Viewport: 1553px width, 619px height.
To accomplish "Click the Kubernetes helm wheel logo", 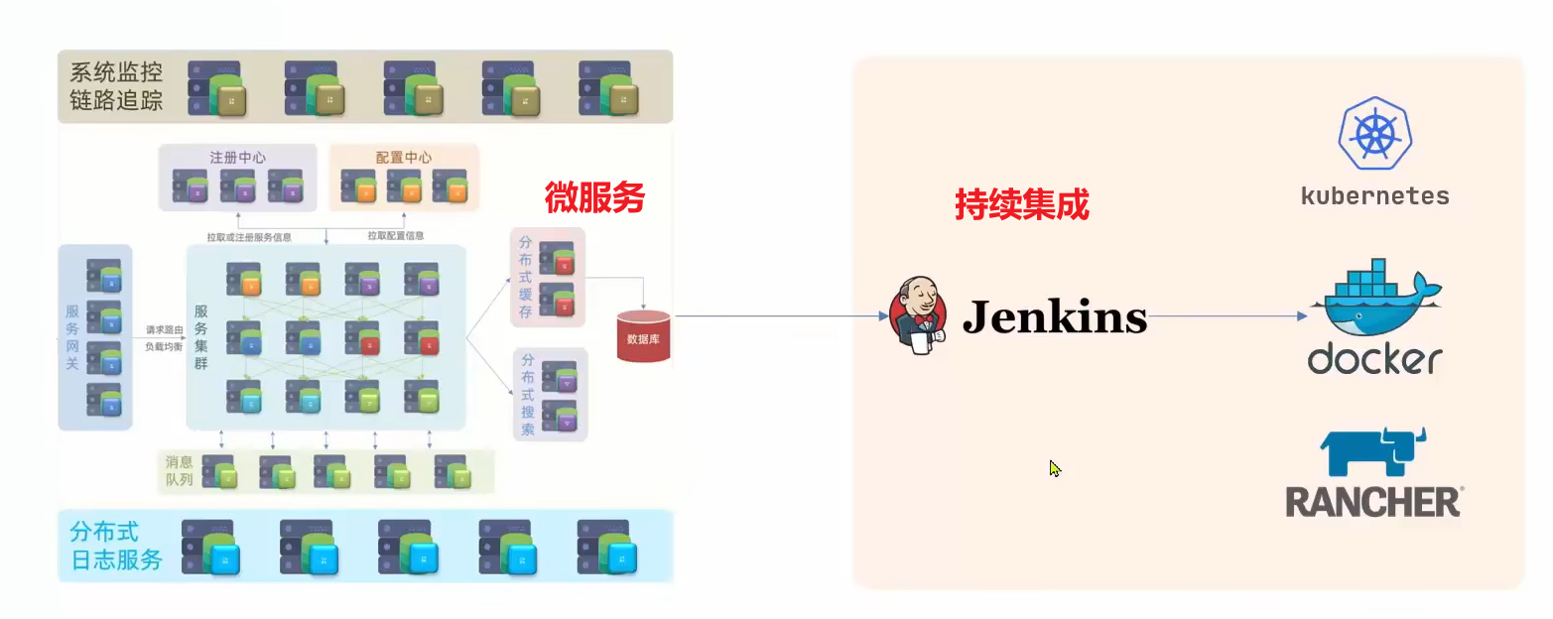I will click(x=1374, y=133).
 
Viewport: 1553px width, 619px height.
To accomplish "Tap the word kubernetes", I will click(x=1374, y=195).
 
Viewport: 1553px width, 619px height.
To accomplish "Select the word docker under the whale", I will click(x=1374, y=358).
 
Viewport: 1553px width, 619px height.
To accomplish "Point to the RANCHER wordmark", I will click(x=1374, y=502).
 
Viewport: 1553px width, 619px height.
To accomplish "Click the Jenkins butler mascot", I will click(x=918, y=314).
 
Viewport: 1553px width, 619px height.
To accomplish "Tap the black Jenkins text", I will click(x=1055, y=317).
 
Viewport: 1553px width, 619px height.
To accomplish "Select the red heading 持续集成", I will click(x=1021, y=204).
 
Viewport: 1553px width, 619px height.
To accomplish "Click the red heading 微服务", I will click(x=594, y=198).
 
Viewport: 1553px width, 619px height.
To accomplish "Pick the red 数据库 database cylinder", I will click(x=643, y=336).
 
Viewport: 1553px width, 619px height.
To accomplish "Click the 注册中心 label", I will click(x=237, y=157).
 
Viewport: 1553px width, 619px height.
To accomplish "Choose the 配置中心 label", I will click(x=403, y=157).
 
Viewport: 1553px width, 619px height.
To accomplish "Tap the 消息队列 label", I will click(x=180, y=471).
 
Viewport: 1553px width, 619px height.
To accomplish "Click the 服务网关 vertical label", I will click(x=71, y=337).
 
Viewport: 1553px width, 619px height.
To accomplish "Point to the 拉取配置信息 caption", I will click(x=395, y=236).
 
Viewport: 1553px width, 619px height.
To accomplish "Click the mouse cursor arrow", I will click(x=1054, y=467).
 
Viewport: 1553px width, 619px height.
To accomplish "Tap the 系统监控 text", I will click(x=116, y=71).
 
